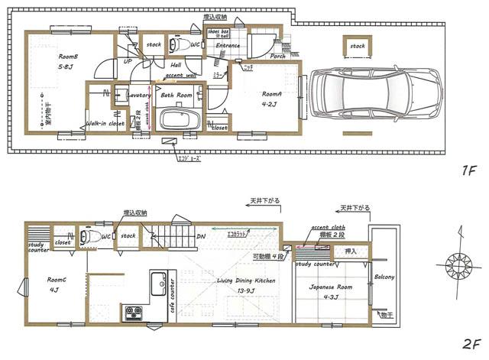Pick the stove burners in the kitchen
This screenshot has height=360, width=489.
click(x=134, y=312)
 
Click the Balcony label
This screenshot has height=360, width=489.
click(x=384, y=277)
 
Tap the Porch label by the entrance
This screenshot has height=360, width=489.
click(x=277, y=55)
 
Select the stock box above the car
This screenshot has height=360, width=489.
click(x=358, y=46)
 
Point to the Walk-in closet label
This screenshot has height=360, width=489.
click(x=105, y=122)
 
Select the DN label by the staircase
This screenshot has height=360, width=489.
click(x=200, y=236)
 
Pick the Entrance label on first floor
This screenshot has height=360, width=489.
click(x=227, y=46)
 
